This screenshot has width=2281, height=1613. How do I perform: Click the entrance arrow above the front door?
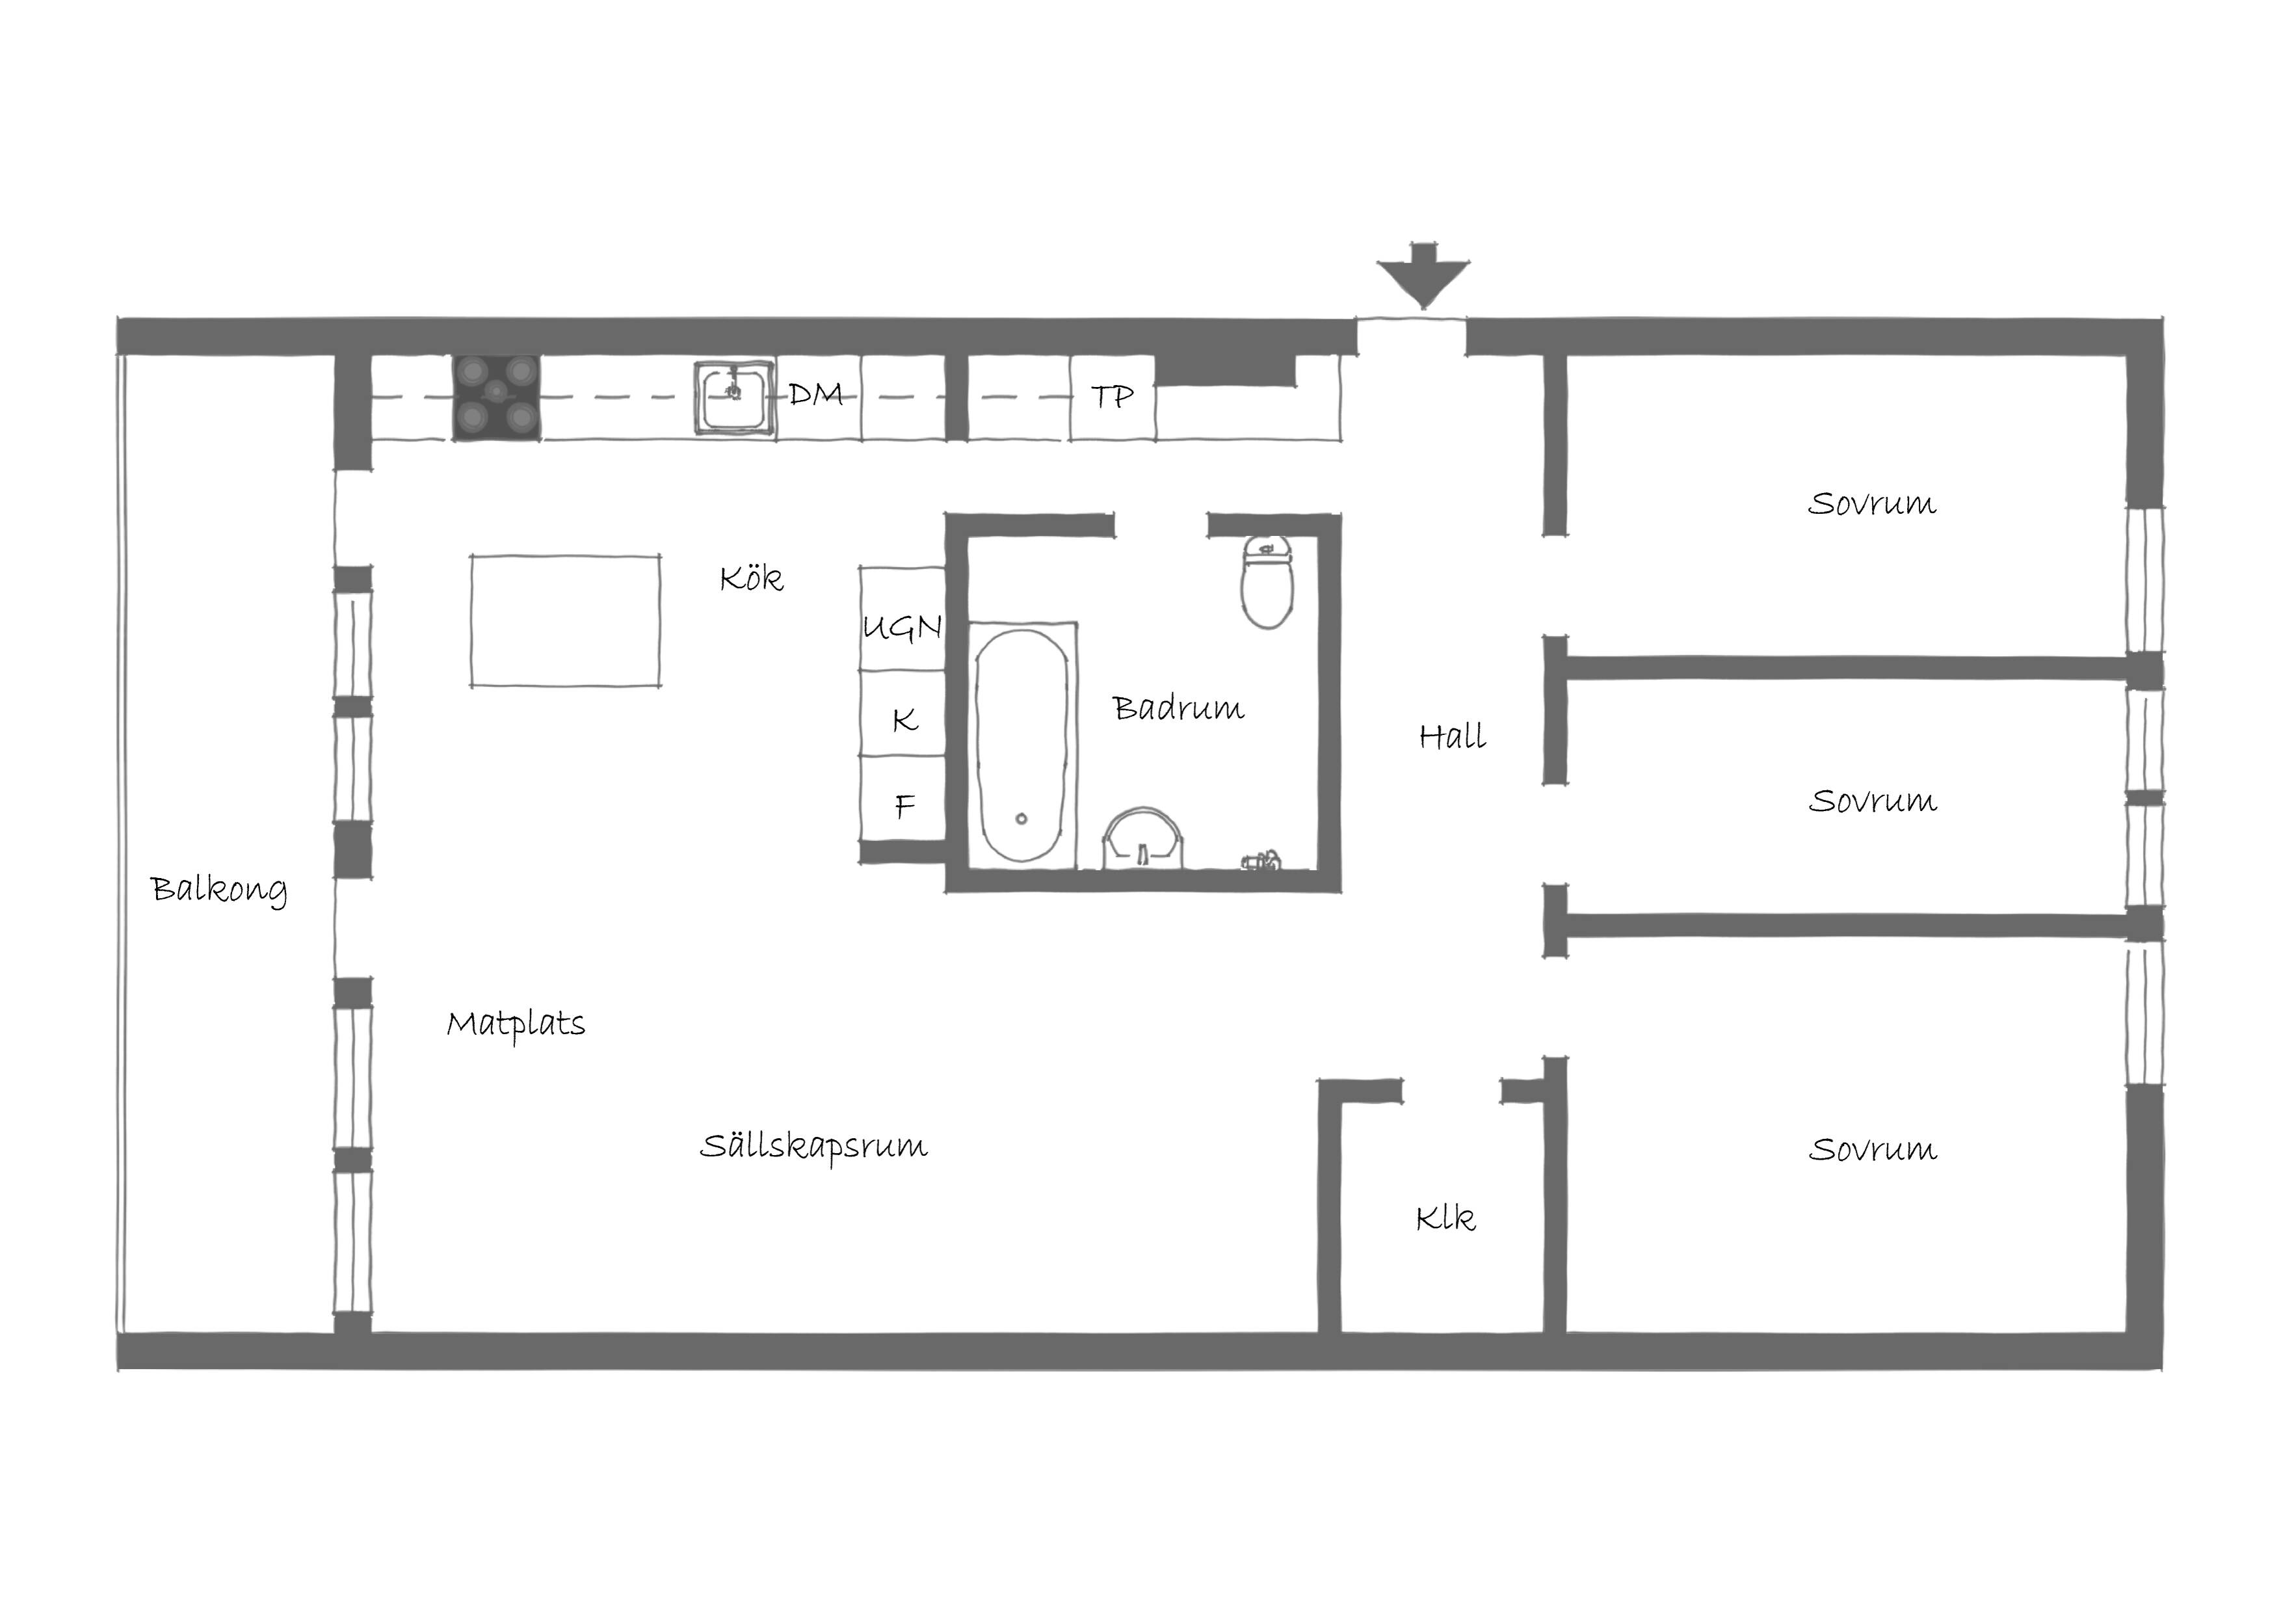click(1423, 274)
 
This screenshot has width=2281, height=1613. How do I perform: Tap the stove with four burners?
click(497, 397)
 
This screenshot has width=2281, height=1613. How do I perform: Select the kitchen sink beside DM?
click(734, 397)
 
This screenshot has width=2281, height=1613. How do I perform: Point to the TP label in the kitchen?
click(1112, 397)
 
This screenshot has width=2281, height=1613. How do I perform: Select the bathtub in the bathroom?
click(1022, 745)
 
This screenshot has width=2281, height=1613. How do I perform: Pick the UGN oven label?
click(902, 627)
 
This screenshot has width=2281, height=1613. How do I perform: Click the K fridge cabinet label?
click(904, 719)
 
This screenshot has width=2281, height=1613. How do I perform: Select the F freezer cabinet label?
click(904, 805)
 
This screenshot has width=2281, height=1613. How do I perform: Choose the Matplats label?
click(516, 1024)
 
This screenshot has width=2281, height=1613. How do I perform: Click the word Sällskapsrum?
click(813, 1146)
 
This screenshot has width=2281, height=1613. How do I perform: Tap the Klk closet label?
click(1445, 1218)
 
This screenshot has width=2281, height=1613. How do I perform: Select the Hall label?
click(1453, 736)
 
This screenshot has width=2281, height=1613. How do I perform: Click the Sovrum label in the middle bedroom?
click(1873, 800)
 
